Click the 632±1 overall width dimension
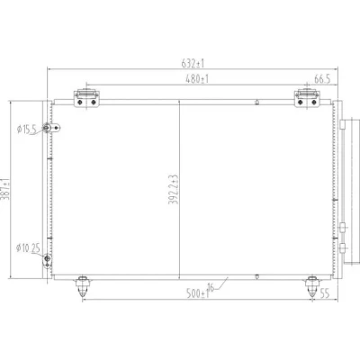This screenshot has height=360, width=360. (x=193, y=64)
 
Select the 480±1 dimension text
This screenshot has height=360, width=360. (x=197, y=79)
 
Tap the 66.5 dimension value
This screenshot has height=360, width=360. (x=322, y=79)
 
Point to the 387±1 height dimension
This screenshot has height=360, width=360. (x=6, y=189)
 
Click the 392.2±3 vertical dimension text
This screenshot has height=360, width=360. (x=174, y=189)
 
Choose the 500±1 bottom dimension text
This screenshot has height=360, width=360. (x=197, y=293)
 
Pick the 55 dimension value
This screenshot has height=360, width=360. (x=324, y=293)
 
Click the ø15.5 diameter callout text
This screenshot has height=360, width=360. (x=26, y=130)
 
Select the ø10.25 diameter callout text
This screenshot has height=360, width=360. (x=28, y=248)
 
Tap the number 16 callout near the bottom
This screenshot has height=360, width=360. (x=211, y=287)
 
